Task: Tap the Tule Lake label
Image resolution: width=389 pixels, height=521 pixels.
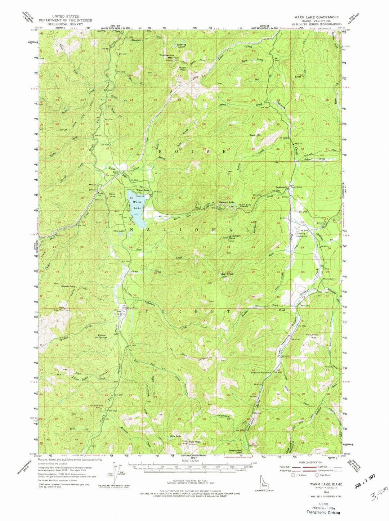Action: pos(119,231)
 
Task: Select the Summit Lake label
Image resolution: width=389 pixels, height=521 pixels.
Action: pos(228,202)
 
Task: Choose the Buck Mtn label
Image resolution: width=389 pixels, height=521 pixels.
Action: pos(256,135)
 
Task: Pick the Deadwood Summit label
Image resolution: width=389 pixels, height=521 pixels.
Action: pos(260,373)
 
